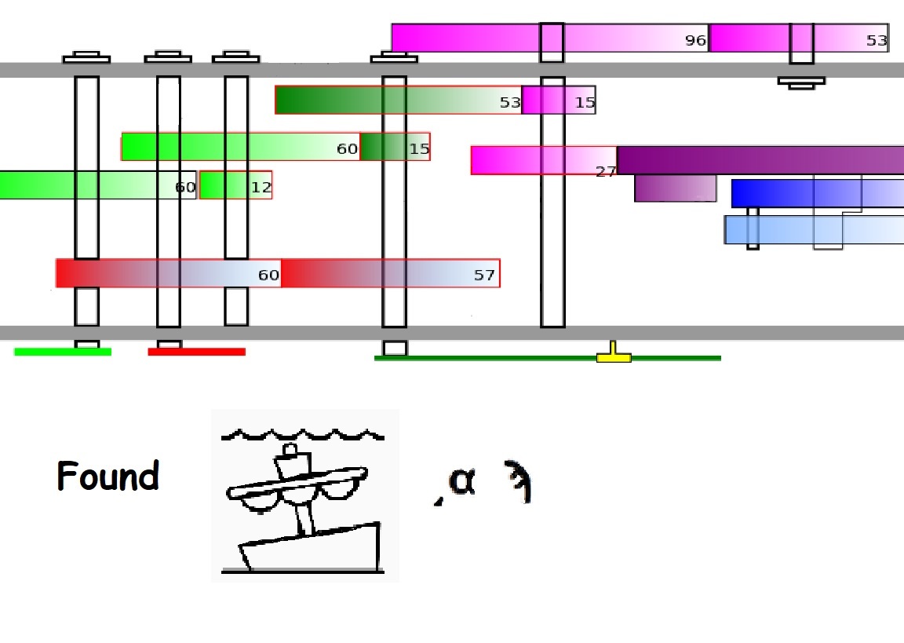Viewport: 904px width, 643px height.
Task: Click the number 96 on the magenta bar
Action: tap(695, 41)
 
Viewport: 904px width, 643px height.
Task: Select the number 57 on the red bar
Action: tap(484, 276)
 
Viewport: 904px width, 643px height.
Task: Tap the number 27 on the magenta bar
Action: tap(605, 172)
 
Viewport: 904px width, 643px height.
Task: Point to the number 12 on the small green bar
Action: tap(261, 188)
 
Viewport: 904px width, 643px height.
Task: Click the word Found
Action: tap(108, 477)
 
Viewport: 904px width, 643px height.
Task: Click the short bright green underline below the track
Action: tap(63, 352)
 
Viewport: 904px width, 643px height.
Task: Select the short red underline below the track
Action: tap(196, 352)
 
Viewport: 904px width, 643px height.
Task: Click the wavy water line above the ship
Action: tap(303, 433)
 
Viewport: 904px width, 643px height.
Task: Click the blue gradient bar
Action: tap(816, 193)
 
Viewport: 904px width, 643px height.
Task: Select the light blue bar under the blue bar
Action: tap(812, 229)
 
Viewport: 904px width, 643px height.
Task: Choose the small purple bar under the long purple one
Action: tap(675, 188)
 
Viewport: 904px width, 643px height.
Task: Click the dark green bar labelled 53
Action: tap(398, 100)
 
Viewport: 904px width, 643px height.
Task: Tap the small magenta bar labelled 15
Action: tap(558, 100)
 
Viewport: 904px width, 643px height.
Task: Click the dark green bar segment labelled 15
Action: tap(395, 147)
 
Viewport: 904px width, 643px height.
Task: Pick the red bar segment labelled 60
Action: tap(168, 273)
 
